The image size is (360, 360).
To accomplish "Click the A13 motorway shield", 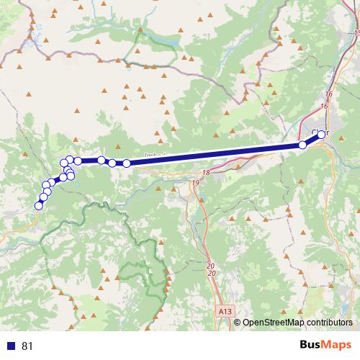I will [x=225, y=311].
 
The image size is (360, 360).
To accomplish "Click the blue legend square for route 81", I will [x=11, y=346].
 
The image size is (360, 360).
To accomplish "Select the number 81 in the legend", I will [x=28, y=346].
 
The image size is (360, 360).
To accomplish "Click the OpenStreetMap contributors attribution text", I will [x=298, y=323].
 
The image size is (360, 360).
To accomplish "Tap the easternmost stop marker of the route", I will [x=322, y=134].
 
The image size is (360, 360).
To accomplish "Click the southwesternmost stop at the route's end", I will [x=39, y=206].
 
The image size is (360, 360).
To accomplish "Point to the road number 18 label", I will [x=206, y=174].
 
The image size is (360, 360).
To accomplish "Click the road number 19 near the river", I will [x=196, y=184].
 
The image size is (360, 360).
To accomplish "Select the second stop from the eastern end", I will [x=302, y=145].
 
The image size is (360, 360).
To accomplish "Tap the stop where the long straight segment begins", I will [x=127, y=163].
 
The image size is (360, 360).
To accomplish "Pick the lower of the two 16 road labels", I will [x=324, y=106].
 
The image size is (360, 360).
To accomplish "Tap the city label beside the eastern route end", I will [x=318, y=132].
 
